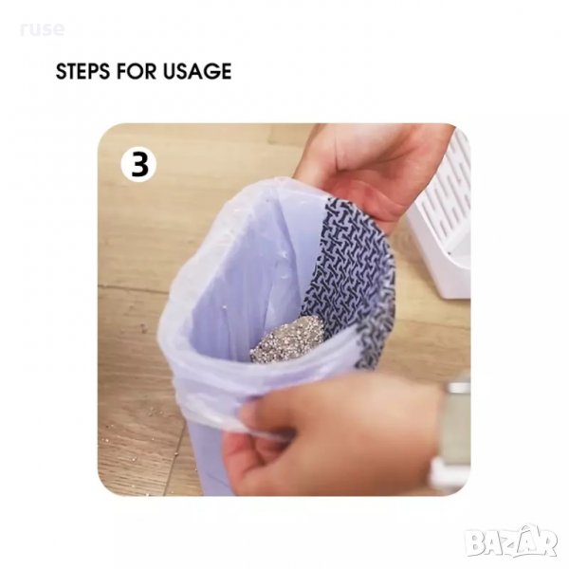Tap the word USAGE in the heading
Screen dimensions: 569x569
197,71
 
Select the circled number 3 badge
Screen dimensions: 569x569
139,164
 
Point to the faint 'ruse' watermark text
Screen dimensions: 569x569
42,29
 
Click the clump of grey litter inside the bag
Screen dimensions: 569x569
287,339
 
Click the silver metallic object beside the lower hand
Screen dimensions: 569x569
455,429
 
